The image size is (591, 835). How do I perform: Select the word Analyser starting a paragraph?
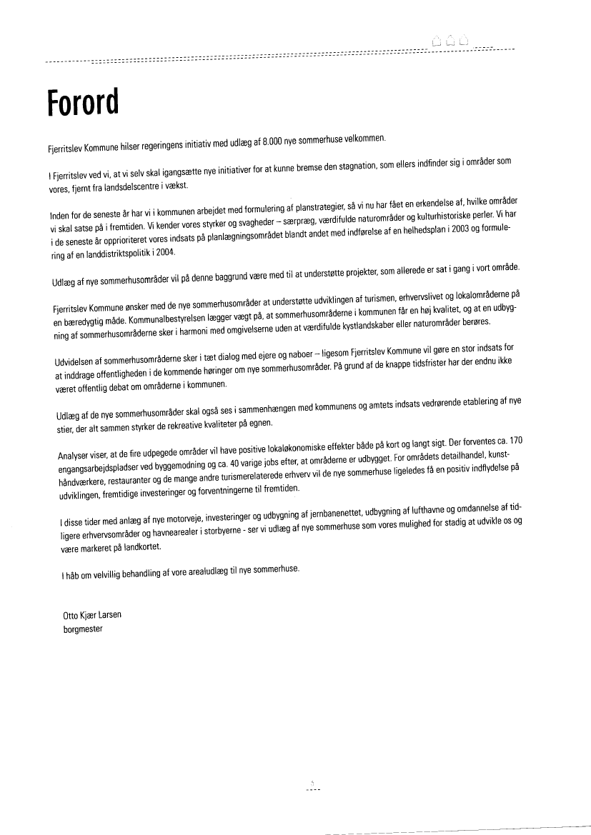pos(74,456)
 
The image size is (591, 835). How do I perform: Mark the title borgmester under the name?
pos(84,629)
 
